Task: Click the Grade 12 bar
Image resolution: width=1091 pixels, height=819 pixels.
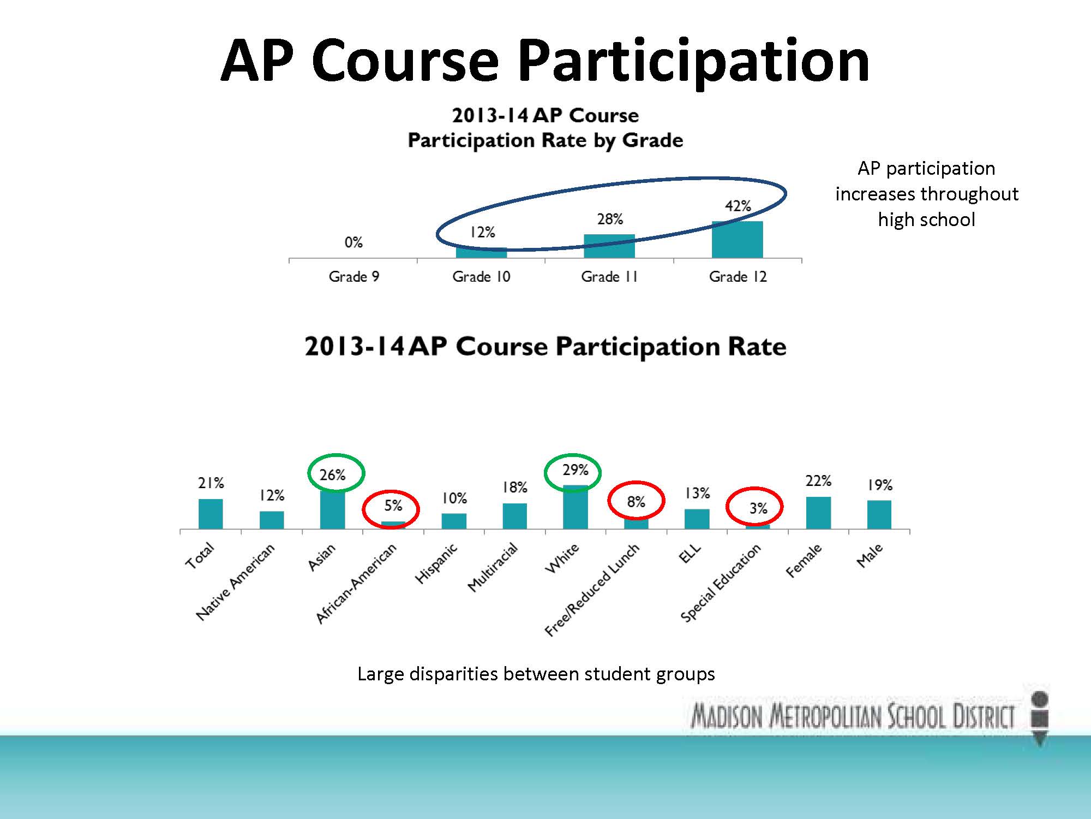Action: (x=738, y=239)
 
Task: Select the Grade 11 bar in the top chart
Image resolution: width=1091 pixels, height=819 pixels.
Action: (x=609, y=246)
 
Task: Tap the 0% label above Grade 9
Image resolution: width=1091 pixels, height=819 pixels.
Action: (x=353, y=242)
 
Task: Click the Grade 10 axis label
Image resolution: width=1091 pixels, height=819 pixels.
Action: (x=481, y=277)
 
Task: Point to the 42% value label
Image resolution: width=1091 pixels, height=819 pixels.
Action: (x=738, y=206)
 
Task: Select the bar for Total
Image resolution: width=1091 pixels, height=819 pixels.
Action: (x=211, y=514)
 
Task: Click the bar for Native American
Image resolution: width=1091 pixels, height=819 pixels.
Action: (x=272, y=520)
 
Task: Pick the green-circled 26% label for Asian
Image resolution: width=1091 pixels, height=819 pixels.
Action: (x=333, y=475)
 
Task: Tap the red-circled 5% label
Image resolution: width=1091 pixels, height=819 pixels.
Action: (x=393, y=506)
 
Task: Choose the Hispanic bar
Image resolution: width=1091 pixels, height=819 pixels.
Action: (x=454, y=521)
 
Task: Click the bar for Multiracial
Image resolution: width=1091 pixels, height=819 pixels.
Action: (x=514, y=516)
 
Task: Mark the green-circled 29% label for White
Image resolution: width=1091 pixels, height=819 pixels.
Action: (x=576, y=470)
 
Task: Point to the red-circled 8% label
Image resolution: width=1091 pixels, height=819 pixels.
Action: (x=636, y=502)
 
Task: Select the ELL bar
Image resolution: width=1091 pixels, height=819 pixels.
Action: (x=697, y=519)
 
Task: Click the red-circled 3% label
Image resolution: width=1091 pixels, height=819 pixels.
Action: (x=758, y=508)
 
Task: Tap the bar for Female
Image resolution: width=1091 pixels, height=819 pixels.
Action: (x=818, y=513)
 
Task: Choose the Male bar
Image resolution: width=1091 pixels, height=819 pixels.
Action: (x=879, y=515)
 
